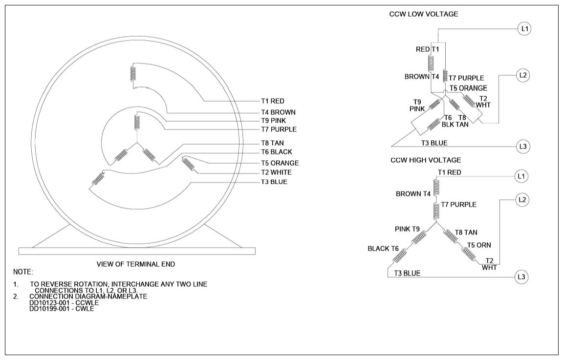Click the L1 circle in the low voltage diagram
click(x=525, y=29)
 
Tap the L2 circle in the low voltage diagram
click(x=523, y=76)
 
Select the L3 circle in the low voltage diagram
click(x=523, y=147)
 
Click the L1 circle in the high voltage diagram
click(x=521, y=176)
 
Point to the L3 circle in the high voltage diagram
click(x=521, y=277)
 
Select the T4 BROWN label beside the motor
click(x=278, y=112)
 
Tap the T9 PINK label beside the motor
click(x=274, y=121)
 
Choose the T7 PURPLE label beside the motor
click(x=279, y=129)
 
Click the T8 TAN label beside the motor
click(x=273, y=143)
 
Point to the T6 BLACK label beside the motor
click(x=277, y=152)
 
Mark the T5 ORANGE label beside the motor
click(x=280, y=163)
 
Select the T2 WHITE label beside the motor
click(x=276, y=172)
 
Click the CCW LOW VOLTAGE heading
click(x=424, y=14)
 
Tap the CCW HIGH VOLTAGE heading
click(x=426, y=160)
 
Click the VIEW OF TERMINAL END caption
click(x=136, y=264)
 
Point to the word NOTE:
click(x=23, y=272)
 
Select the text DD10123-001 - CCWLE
click(x=64, y=302)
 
